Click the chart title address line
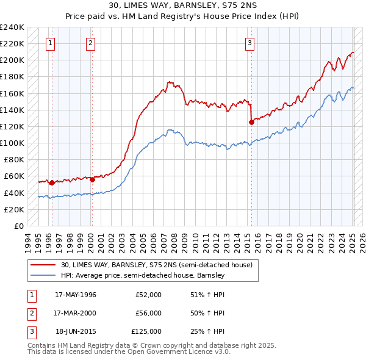coord(182,6)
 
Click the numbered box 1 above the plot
coord(50,43)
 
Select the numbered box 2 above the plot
coord(90,43)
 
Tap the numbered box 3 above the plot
coord(250,43)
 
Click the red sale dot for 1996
coord(52,182)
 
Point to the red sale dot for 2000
coord(92,179)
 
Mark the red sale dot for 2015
coord(251,122)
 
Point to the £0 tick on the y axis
coord(18,226)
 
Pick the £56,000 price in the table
coord(148,313)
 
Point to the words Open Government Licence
coord(182,352)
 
